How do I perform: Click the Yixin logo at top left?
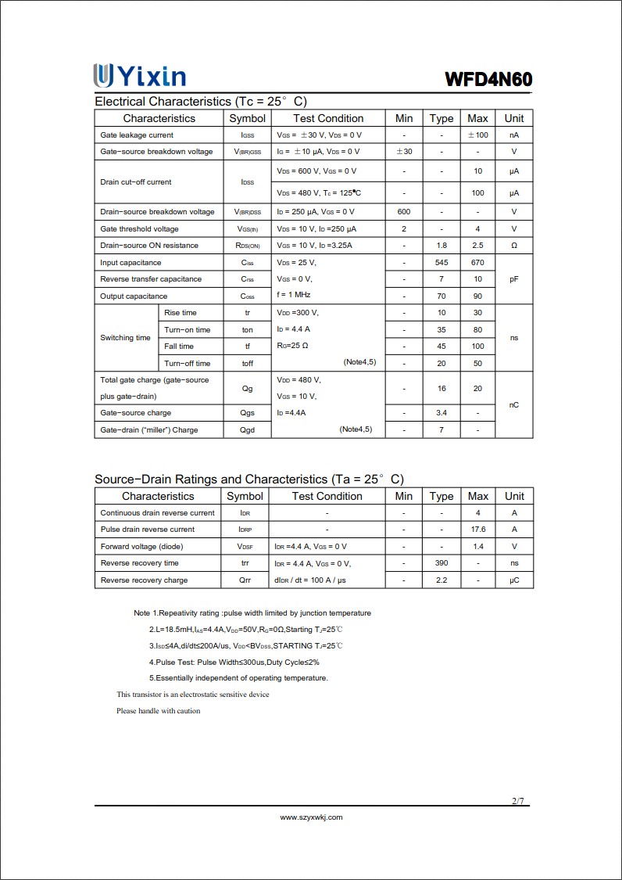(140, 76)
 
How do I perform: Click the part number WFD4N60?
(488, 79)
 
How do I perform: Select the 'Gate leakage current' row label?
(137, 135)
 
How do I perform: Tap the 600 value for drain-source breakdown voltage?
(404, 212)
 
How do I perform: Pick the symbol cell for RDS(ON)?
(247, 246)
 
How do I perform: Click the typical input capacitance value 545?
(441, 263)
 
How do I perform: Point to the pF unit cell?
(513, 279)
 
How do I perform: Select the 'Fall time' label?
(179, 347)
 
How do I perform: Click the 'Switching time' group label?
(125, 338)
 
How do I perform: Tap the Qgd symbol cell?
(247, 430)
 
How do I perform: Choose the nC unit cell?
(513, 404)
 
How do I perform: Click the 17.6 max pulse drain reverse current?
(477, 530)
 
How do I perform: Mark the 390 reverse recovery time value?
(441, 563)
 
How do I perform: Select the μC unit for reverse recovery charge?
(514, 580)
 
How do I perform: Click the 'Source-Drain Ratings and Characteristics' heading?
(248, 479)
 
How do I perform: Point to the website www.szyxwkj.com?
(311, 817)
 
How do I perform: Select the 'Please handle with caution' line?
(158, 711)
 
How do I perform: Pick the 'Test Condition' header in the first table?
(328, 118)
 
